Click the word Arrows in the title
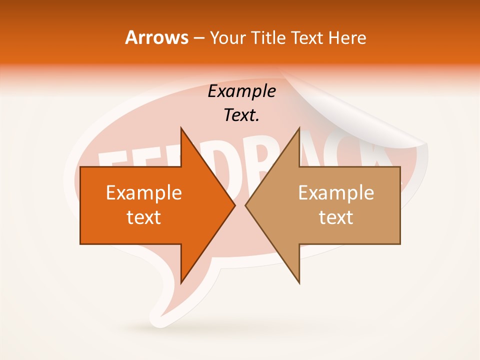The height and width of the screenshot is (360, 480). tap(156, 37)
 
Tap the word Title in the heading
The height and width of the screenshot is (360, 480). tap(267, 37)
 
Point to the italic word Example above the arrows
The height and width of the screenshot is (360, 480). tap(241, 91)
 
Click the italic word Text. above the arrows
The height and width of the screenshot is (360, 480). tap(241, 115)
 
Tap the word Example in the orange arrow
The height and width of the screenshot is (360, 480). tap(143, 192)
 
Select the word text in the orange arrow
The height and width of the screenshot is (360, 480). tap(143, 217)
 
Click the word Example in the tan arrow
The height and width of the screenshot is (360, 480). tap(336, 192)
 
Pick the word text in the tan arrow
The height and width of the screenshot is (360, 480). tap(336, 217)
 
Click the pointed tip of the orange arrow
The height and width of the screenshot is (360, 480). tap(234, 205)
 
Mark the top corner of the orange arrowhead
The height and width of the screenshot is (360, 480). tap(181, 128)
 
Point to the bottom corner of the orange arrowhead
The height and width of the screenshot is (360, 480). tap(181, 282)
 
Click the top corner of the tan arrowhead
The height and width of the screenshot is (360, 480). tap(299, 128)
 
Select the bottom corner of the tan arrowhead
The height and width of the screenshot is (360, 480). tap(299, 282)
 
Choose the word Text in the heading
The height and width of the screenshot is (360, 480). tap(306, 37)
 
